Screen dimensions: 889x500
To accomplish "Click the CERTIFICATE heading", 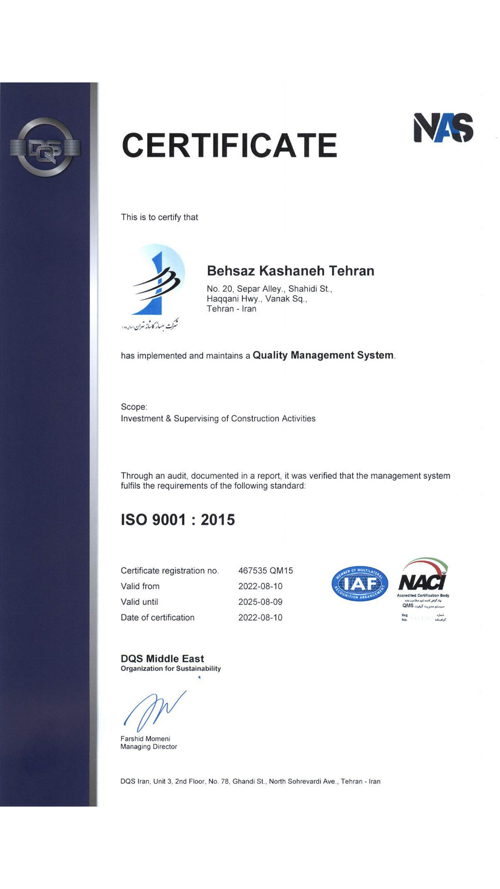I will pos(229,145).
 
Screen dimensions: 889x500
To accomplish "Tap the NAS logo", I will pos(443,127).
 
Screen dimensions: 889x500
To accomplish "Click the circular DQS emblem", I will pos(45,148).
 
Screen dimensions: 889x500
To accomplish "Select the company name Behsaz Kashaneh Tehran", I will pos(290,271).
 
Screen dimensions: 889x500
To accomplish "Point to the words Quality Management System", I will pos(323,355).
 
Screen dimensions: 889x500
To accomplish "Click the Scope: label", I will pos(134,407).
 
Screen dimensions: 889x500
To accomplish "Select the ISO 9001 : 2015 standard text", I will pos(178,520).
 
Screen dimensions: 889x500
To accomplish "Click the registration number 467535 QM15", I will pos(265,571).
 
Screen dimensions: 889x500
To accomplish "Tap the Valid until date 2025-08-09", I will pos(260,602).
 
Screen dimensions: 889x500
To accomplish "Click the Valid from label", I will pos(140,586).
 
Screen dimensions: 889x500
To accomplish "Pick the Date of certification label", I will pos(157,618).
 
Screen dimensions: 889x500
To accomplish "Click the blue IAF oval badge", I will pos(360,584).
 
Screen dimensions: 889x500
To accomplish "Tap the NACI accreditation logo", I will pos(423,579).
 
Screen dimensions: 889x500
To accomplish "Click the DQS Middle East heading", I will pos(162,658).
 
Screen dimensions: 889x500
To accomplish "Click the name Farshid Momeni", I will pos(145,739).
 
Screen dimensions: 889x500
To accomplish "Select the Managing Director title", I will pos(149,747).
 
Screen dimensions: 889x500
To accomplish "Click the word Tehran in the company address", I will pos(219,309).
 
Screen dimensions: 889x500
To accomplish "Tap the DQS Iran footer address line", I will pos(250,782).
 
